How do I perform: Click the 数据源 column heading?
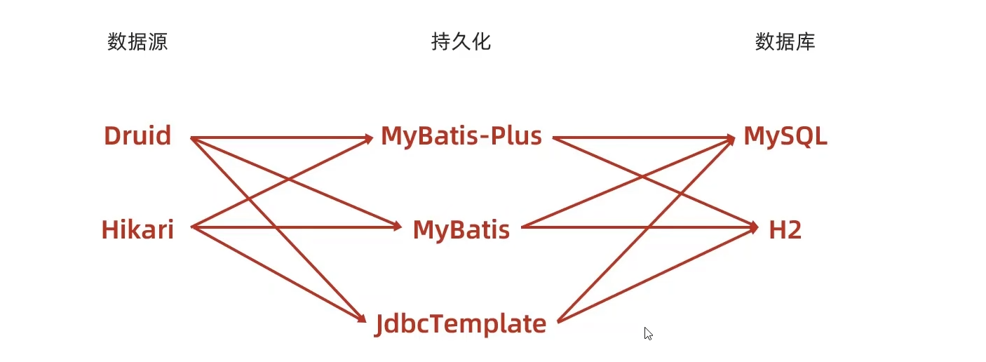pyautogui.click(x=137, y=42)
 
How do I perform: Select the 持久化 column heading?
pyautogui.click(x=461, y=42)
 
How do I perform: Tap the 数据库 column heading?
pyautogui.click(x=785, y=42)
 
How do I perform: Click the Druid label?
pyautogui.click(x=137, y=135)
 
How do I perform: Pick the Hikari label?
pyautogui.click(x=137, y=229)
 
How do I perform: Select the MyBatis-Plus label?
pyautogui.click(x=461, y=136)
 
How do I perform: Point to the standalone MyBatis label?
pyautogui.click(x=461, y=229)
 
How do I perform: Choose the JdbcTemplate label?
pyautogui.click(x=461, y=323)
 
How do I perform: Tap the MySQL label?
pyautogui.click(x=785, y=136)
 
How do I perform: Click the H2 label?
pyautogui.click(x=785, y=229)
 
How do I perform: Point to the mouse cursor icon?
pyautogui.click(x=648, y=333)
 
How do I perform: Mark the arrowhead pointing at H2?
pyautogui.click(x=753, y=227)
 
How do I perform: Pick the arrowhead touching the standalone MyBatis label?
pyautogui.click(x=397, y=227)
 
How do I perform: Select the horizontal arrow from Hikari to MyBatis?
pyautogui.click(x=337, y=227)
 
